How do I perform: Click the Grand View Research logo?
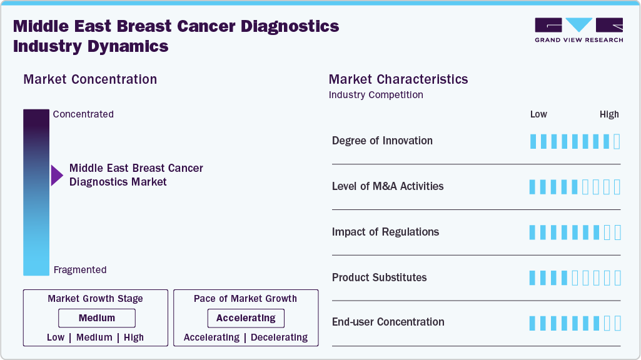578,30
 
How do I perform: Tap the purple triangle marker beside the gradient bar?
57,176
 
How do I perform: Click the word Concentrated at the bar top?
83,114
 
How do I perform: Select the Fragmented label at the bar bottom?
80,270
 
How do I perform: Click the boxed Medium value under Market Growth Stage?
97,318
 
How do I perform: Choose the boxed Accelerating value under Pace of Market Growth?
246,318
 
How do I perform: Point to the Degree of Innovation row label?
382,141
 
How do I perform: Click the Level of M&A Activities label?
388,186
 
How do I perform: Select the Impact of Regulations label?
385,232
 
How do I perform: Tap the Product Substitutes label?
379,277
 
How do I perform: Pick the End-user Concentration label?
388,322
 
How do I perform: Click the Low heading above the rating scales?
538,114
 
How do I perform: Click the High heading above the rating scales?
609,114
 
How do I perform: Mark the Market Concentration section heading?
90,79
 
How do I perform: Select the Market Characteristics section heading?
398,79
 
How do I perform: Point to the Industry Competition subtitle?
376,95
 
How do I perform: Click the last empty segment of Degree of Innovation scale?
617,141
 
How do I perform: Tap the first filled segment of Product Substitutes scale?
533,277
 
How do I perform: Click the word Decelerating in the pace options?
279,337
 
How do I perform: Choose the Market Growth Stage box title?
95,299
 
